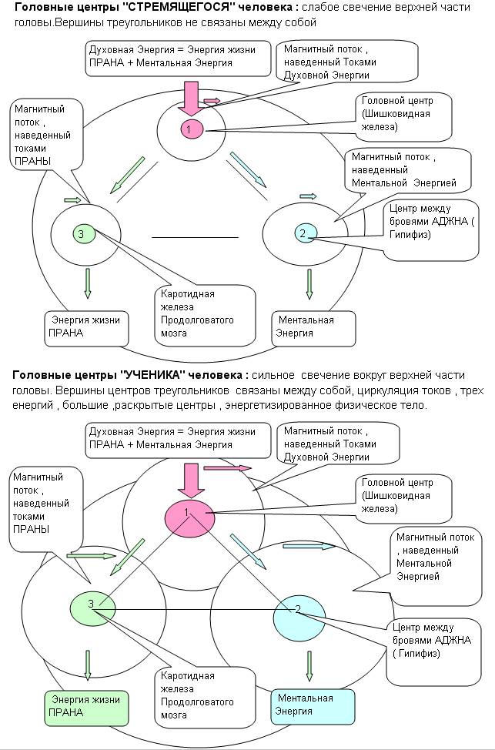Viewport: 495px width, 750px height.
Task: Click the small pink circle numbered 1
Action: pyautogui.click(x=190, y=129)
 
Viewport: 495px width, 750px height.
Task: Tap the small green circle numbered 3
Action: pyautogui.click(x=82, y=233)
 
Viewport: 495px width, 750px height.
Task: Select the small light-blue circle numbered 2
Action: pyautogui.click(x=302, y=233)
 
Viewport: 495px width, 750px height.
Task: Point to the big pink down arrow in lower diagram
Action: pyautogui.click(x=187, y=479)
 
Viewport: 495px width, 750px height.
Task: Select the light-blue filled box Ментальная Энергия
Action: pyautogui.click(x=313, y=705)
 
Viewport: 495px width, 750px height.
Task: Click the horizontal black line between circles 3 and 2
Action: pyautogui.click(x=196, y=237)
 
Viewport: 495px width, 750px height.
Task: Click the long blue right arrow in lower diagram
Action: pyautogui.click(x=309, y=546)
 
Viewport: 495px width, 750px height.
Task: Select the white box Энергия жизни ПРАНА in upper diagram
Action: pyautogui.click(x=85, y=326)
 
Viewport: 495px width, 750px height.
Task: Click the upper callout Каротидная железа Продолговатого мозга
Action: pyautogui.click(x=206, y=313)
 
